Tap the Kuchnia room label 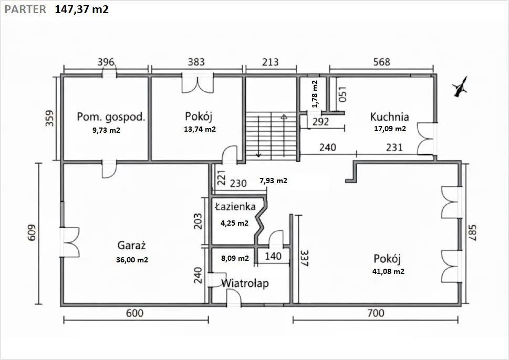coord(390,117)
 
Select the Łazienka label coord(235,207)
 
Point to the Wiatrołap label coord(245,283)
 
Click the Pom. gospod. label coord(111,117)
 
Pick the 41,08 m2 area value coord(388,271)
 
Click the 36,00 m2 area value coord(132,260)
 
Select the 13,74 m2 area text coord(200,129)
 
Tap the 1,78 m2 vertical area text coord(315,94)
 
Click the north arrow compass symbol coord(460,87)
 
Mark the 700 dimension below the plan coord(376,313)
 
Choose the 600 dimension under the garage coord(134,313)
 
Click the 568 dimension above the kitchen coord(381,61)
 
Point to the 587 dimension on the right coord(472,233)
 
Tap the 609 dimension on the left coord(32,233)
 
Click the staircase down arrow coord(258,136)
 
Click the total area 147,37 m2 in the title coord(81,9)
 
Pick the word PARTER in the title coord(25,9)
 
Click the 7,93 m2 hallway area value coord(273,181)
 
